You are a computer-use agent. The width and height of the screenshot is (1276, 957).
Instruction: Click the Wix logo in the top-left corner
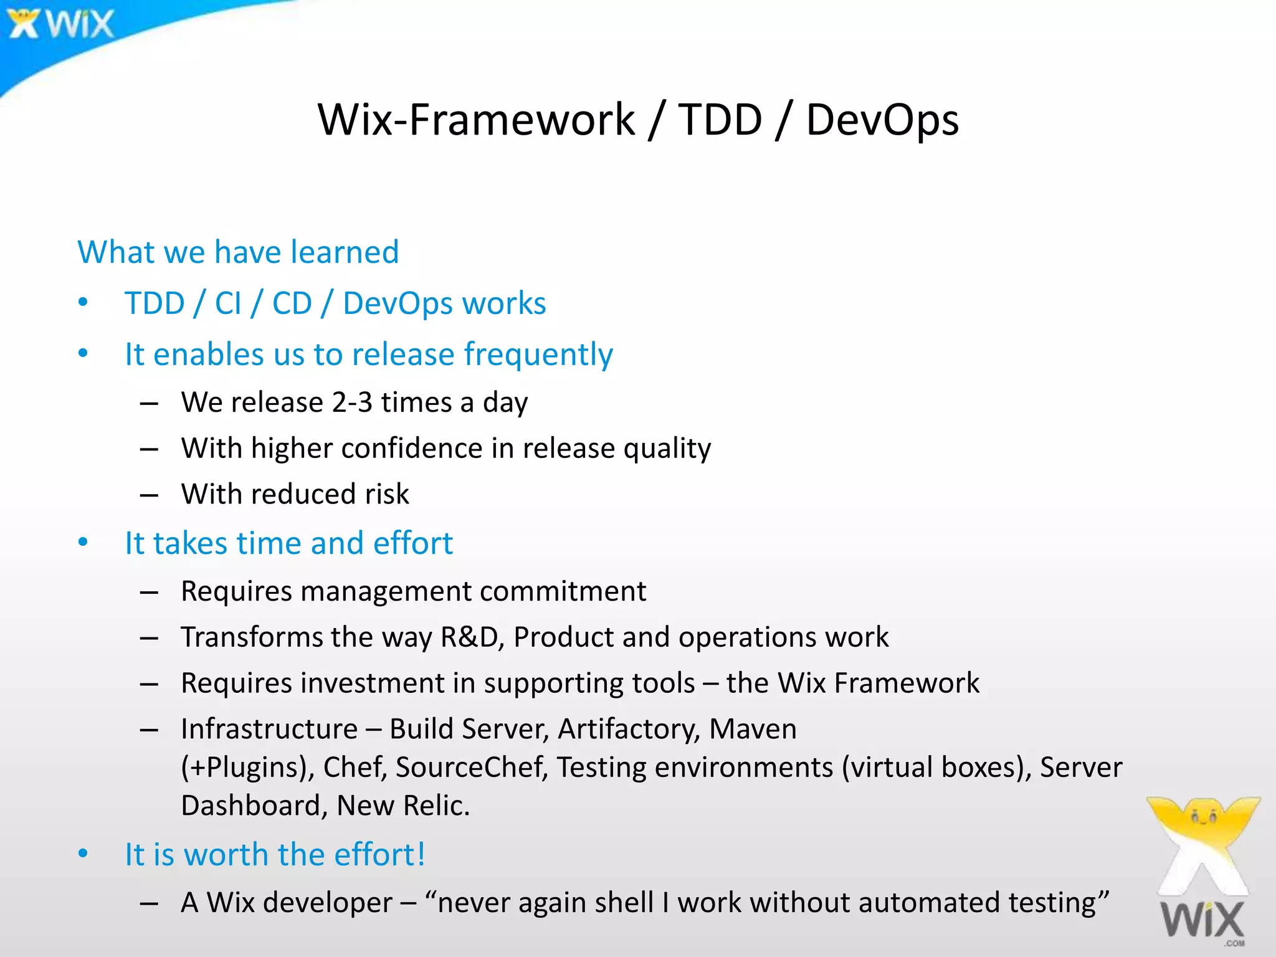pos(60,24)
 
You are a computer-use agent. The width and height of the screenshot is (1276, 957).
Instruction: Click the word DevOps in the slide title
pos(882,120)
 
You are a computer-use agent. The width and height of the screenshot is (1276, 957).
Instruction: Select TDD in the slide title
pos(720,120)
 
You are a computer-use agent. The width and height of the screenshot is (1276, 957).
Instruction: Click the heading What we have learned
pos(238,252)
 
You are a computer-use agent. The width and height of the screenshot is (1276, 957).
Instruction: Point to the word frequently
pos(538,355)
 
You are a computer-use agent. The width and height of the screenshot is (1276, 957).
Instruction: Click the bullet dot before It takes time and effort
pos(83,543)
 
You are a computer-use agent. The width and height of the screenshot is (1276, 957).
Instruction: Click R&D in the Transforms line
pos(471,637)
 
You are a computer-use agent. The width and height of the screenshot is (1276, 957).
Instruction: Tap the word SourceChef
pos(471,768)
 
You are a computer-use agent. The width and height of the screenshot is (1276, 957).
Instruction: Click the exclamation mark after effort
pos(421,854)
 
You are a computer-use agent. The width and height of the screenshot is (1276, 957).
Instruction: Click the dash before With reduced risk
pos(149,495)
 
